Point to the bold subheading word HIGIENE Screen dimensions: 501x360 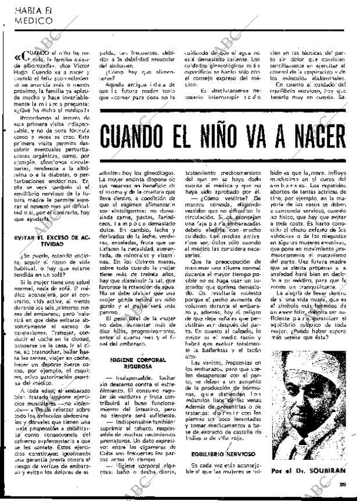(x=123, y=360)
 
